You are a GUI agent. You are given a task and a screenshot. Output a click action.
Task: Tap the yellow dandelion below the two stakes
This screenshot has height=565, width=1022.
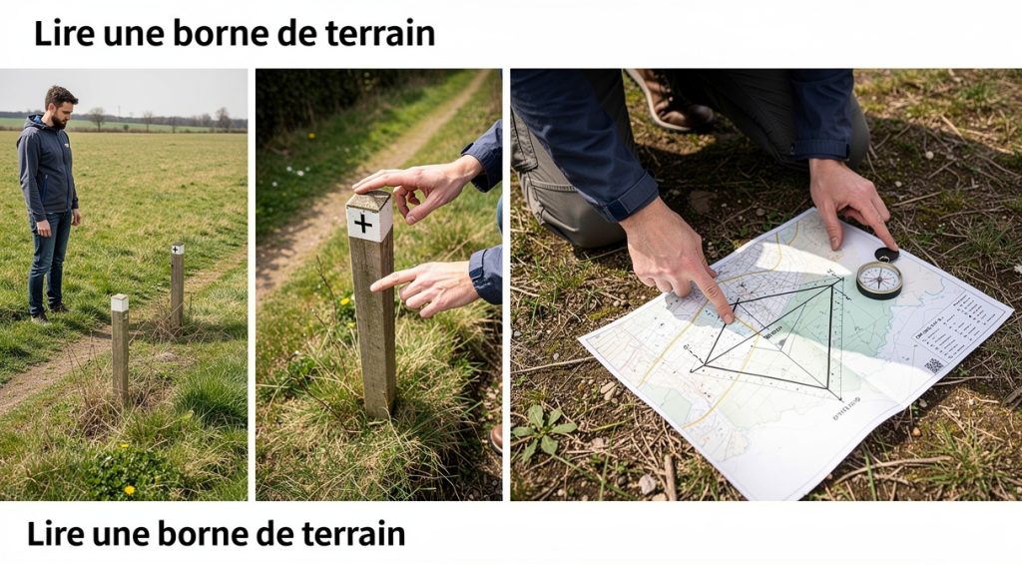point(129,489)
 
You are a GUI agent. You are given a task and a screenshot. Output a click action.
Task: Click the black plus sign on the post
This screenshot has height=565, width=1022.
point(363,223)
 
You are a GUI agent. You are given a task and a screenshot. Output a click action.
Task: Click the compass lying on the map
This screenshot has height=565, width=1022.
point(878,280)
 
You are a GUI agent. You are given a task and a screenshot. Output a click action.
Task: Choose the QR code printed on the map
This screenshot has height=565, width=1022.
point(933,365)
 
